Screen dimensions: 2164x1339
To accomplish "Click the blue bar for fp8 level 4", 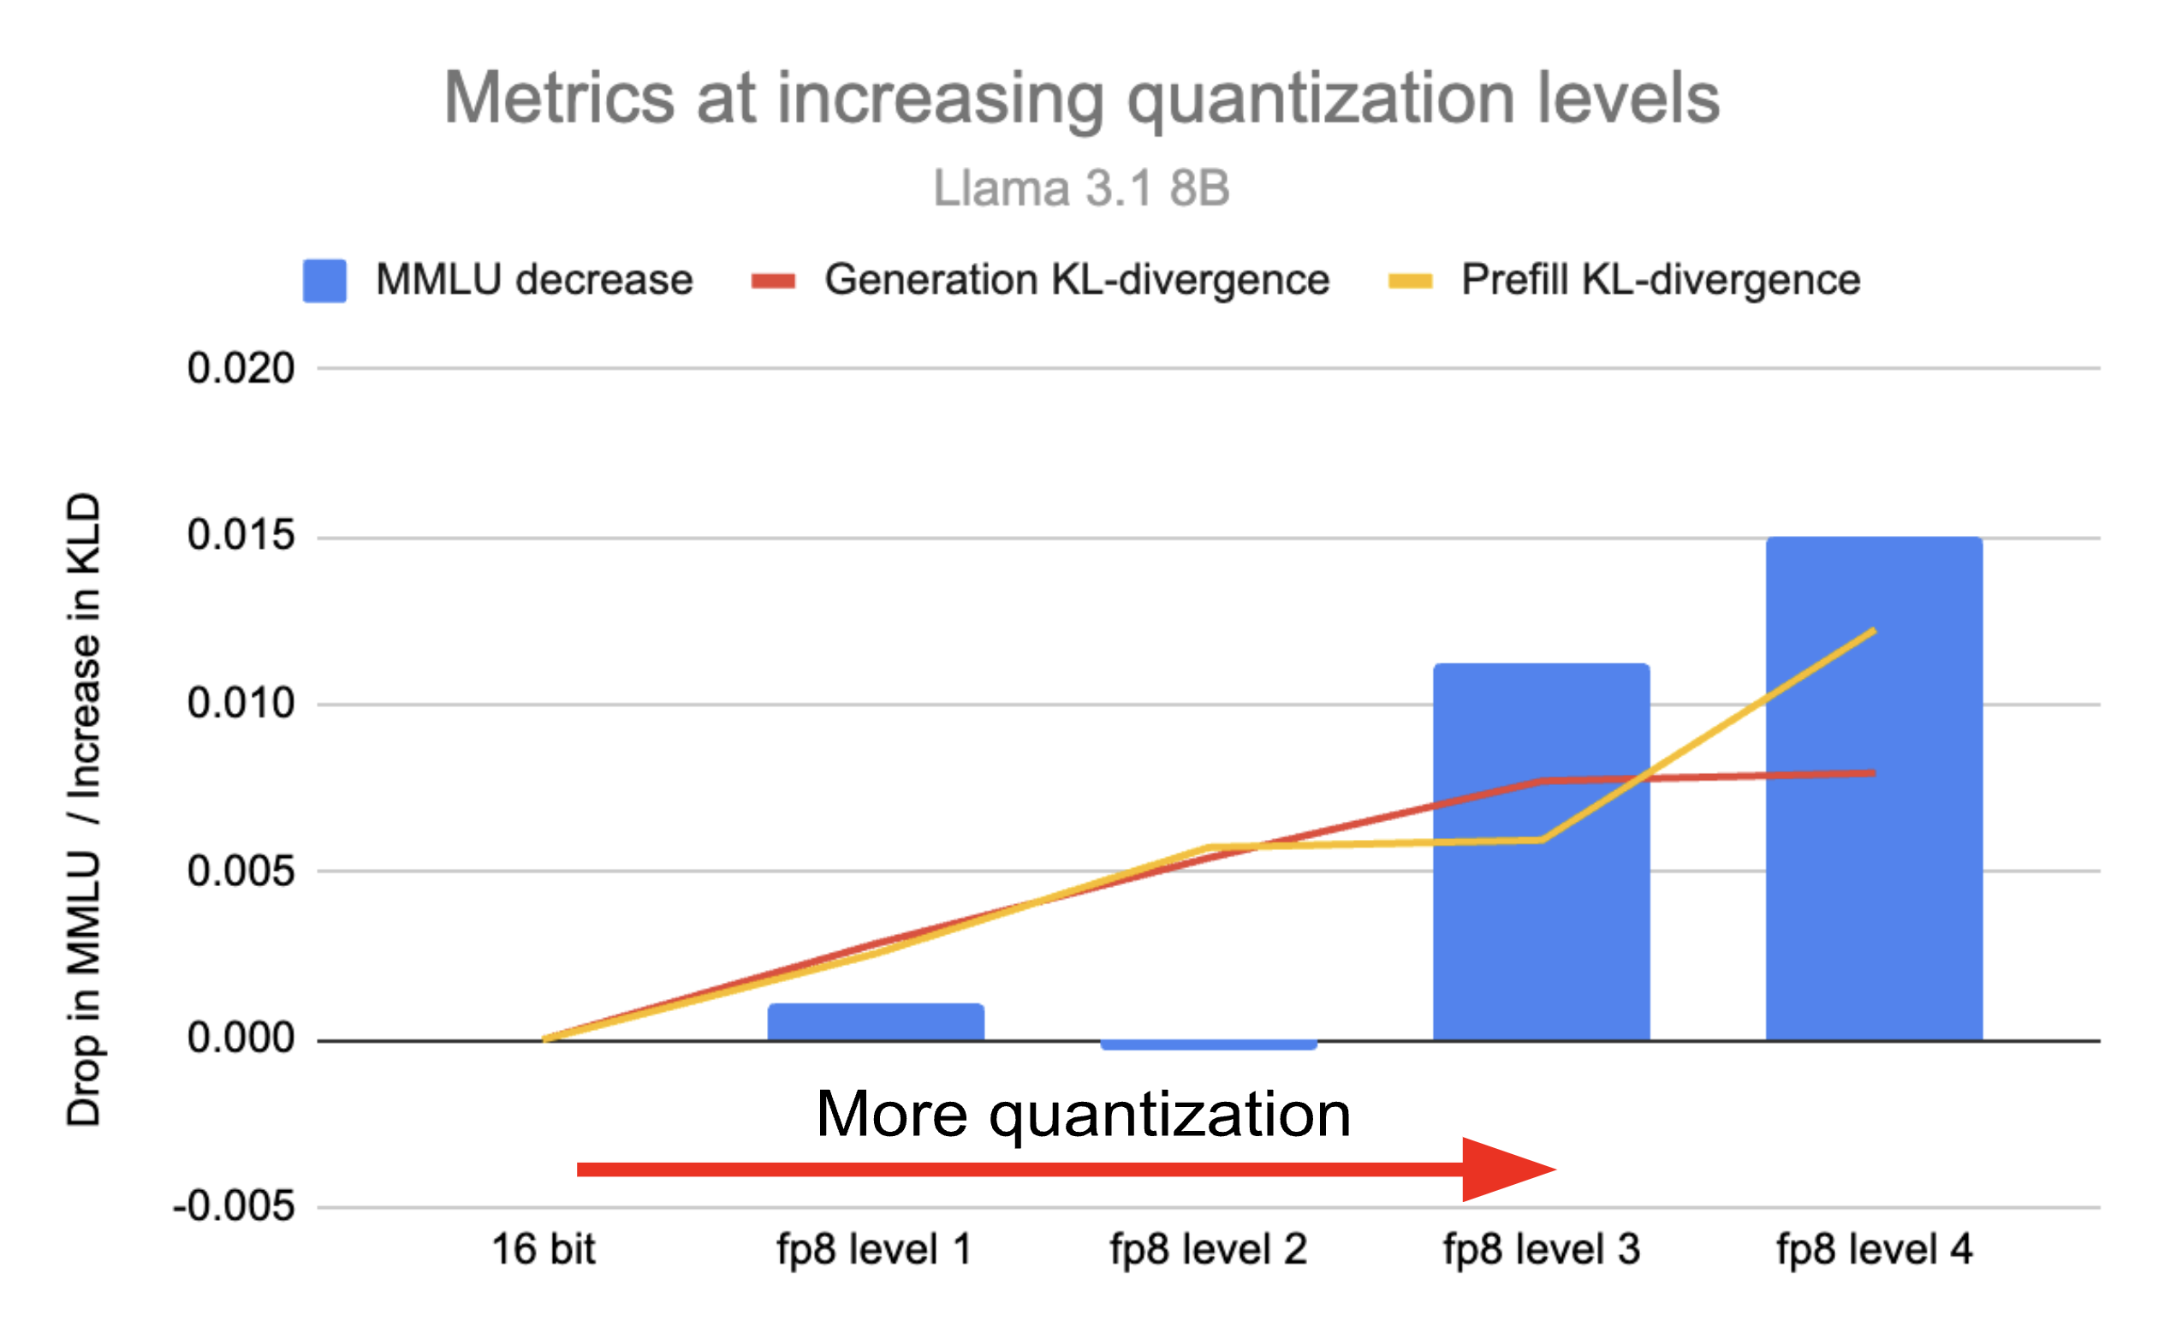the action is click(x=1874, y=789).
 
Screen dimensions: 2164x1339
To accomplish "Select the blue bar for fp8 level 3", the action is click(x=1541, y=851).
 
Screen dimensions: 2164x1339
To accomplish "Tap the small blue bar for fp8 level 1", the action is click(x=876, y=1022).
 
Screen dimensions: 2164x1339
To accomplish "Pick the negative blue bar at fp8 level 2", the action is click(x=1209, y=1045).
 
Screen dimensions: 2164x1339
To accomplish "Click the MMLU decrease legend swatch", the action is click(x=324, y=281).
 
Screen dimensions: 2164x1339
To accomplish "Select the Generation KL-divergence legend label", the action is click(x=1077, y=280).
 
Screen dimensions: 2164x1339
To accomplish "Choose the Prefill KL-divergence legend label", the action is click(x=1660, y=280).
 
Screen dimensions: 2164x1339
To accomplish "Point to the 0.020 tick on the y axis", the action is click(x=241, y=368).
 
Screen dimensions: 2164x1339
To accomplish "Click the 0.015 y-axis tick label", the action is click(x=241, y=536).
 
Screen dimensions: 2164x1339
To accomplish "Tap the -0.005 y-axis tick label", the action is click(x=234, y=1206).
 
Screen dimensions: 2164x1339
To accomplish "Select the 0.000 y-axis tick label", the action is click(x=241, y=1038).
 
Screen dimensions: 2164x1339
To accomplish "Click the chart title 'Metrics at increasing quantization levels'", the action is click(x=1082, y=99).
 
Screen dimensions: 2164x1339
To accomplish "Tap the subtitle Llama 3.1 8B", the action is click(x=1082, y=188).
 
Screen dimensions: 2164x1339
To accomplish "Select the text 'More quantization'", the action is click(x=1083, y=1114).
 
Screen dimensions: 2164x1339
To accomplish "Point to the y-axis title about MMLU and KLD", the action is click(x=84, y=809).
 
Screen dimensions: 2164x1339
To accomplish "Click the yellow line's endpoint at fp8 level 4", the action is click(x=1875, y=630).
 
